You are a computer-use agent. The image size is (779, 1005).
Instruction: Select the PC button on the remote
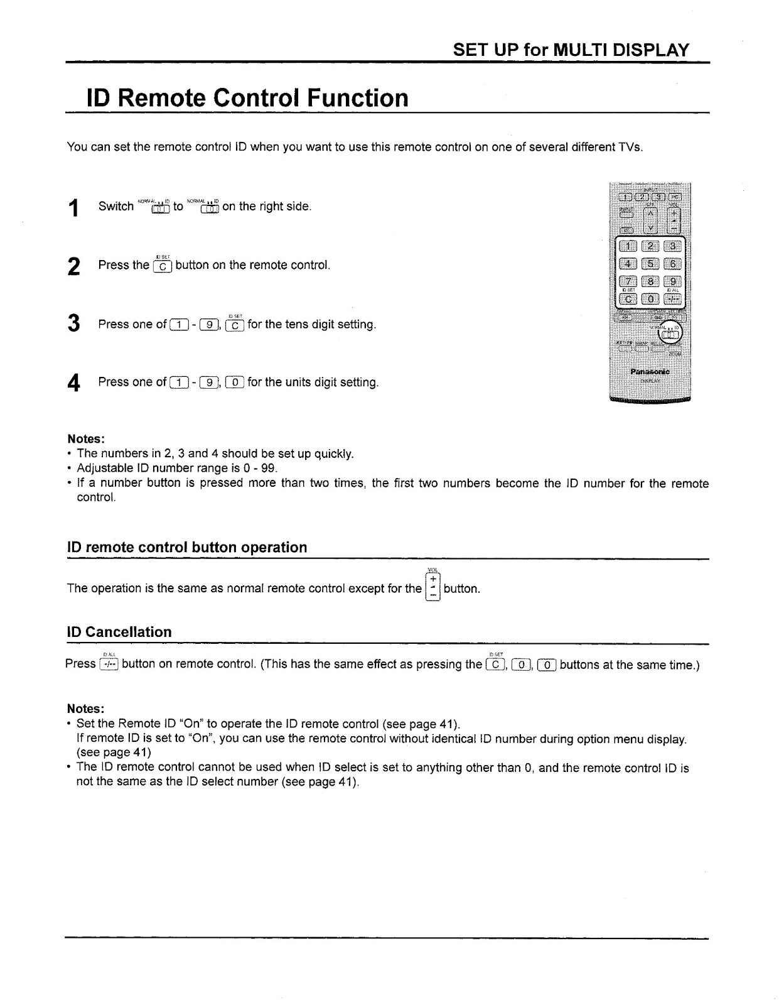675,196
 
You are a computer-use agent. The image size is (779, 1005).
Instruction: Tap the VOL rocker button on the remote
674,220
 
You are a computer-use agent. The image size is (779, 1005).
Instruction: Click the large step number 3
74,323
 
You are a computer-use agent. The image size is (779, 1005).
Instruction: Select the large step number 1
74,207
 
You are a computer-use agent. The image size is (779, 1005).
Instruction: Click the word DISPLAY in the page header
650,50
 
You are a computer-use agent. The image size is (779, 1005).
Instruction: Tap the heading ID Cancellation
119,632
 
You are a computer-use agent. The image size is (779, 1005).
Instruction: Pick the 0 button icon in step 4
235,382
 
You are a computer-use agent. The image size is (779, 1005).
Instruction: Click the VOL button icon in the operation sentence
432,587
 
